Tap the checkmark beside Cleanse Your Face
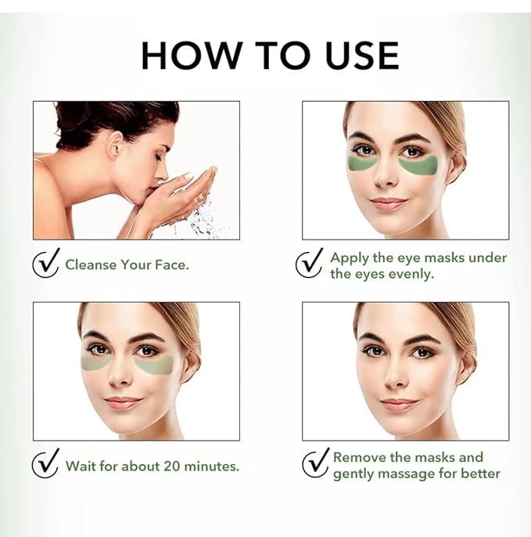pos(46,263)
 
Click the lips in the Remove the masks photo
pos(399,405)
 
